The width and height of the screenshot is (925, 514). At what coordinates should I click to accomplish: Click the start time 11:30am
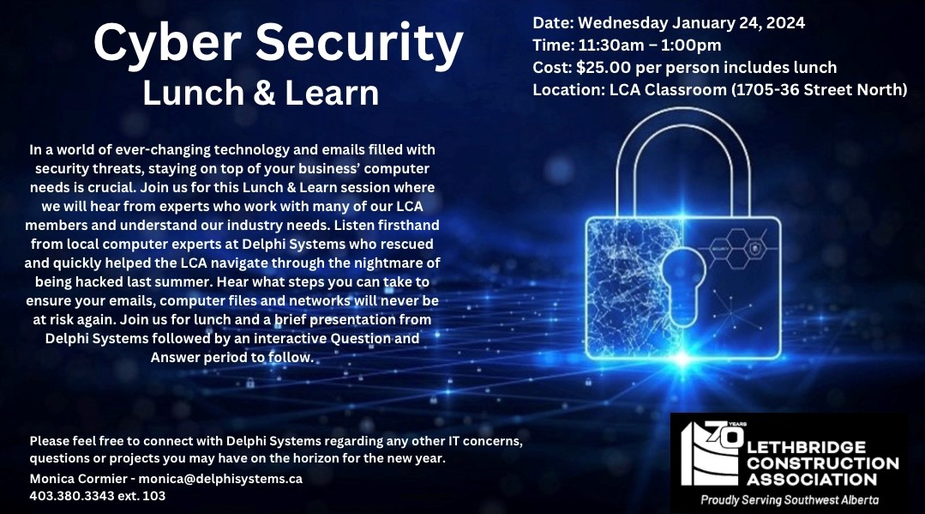(611, 45)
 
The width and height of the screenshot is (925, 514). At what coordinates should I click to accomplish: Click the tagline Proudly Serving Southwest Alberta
(790, 499)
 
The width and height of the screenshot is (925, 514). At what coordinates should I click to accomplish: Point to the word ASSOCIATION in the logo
(810, 479)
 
